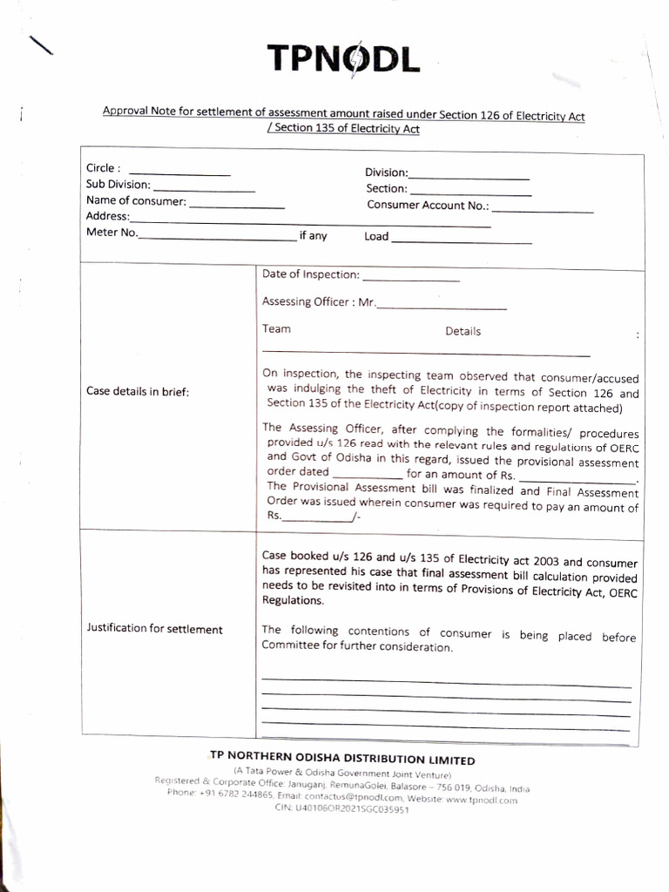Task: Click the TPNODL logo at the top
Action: pyautogui.click(x=343, y=58)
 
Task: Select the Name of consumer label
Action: pyautogui.click(x=136, y=201)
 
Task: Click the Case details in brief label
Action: pyautogui.click(x=138, y=391)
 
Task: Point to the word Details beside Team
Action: pyautogui.click(x=463, y=331)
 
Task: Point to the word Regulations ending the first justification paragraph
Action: pyautogui.click(x=293, y=601)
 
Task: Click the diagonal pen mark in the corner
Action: pyautogui.click(x=40, y=45)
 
